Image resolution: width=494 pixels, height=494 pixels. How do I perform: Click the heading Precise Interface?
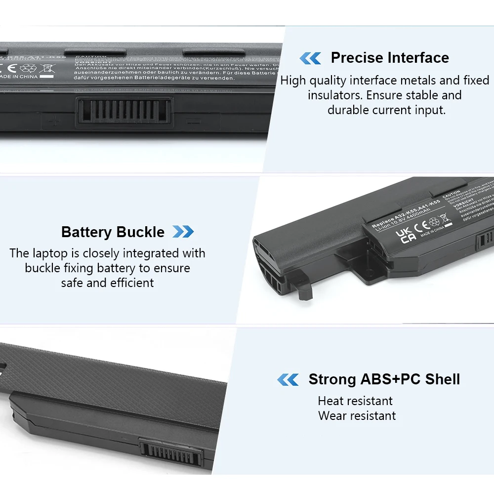pyautogui.click(x=390, y=58)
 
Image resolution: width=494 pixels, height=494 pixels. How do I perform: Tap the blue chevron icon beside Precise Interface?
pyautogui.click(x=310, y=58)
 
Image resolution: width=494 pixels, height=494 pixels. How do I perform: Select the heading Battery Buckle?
pyautogui.click(x=113, y=232)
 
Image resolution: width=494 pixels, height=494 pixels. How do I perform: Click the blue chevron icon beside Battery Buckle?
pyautogui.click(x=183, y=232)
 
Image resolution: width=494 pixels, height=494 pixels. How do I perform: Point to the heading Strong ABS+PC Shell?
pyautogui.click(x=384, y=379)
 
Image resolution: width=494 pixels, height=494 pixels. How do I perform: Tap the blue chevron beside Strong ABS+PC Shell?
pyautogui.click(x=288, y=379)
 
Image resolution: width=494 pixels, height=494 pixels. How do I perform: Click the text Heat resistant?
pyautogui.click(x=355, y=401)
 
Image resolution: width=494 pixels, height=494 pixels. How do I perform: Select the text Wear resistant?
pyautogui.click(x=357, y=416)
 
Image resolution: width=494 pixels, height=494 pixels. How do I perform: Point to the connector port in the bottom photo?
pyautogui.click(x=171, y=454)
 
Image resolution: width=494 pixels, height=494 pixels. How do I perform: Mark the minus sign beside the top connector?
pyautogui.click(x=193, y=120)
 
